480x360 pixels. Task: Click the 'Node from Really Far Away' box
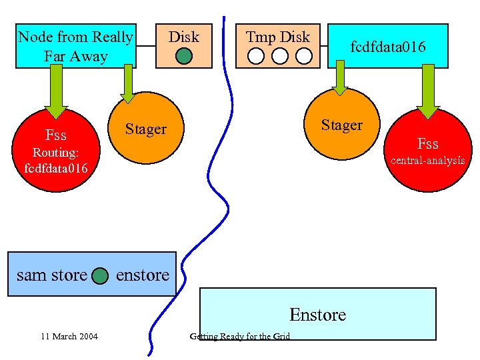pos(75,46)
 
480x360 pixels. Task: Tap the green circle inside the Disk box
pos(183,57)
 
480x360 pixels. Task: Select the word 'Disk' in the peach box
pos(183,37)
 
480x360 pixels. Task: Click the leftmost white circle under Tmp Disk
pos(256,56)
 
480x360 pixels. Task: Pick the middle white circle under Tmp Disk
pos(280,56)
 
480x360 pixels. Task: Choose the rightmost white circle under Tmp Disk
pos(303,56)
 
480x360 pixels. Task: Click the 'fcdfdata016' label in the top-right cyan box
pos(388,47)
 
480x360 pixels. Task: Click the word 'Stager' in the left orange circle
pos(146,129)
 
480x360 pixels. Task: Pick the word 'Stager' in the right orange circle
pos(341,125)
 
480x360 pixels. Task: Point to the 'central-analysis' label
pos(427,160)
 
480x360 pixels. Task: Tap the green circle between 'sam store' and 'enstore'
pos(100,275)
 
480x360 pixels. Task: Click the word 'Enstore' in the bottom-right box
pos(317,314)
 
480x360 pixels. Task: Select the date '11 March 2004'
pos(69,336)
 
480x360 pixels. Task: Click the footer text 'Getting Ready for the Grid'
pos(240,336)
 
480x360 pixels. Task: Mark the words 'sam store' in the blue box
pos(51,275)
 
